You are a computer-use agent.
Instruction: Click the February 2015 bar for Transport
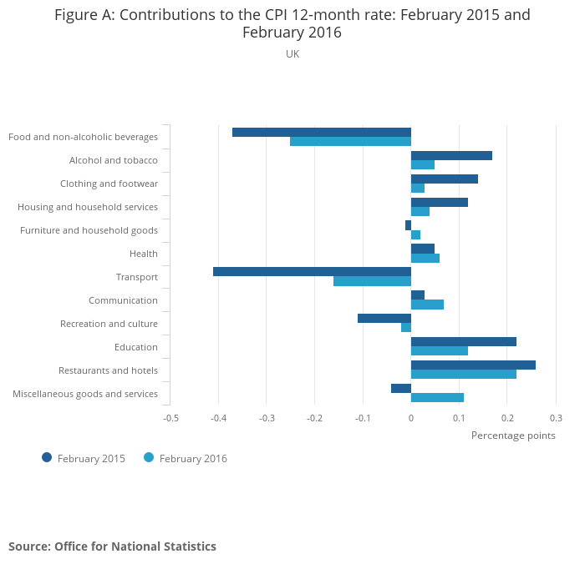coord(312,271)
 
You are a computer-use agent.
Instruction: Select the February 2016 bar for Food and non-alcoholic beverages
coord(350,141)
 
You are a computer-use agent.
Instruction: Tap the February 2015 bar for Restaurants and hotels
coord(473,365)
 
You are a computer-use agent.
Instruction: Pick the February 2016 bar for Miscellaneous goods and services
coord(437,398)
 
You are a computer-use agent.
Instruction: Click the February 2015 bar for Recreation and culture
coord(384,318)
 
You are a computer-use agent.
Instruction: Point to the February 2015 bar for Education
coord(464,341)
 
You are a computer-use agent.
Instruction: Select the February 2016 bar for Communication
coord(427,305)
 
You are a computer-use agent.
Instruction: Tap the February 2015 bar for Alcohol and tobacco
coord(451,155)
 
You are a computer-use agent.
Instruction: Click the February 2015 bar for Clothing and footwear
coord(445,179)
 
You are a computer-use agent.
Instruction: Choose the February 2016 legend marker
coord(150,457)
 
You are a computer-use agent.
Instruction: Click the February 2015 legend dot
coord(47,457)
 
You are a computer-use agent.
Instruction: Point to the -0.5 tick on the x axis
coord(170,417)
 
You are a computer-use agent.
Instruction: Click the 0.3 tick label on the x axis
coord(556,417)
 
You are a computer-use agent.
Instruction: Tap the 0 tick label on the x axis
coord(411,417)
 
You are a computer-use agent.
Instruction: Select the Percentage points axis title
coord(513,435)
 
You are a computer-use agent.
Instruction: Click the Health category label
coord(144,254)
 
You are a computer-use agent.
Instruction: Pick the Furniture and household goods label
coord(89,230)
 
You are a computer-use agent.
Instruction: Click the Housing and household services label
coord(88,207)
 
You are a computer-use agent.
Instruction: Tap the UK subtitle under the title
coord(292,54)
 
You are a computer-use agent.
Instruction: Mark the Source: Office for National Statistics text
coord(112,546)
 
